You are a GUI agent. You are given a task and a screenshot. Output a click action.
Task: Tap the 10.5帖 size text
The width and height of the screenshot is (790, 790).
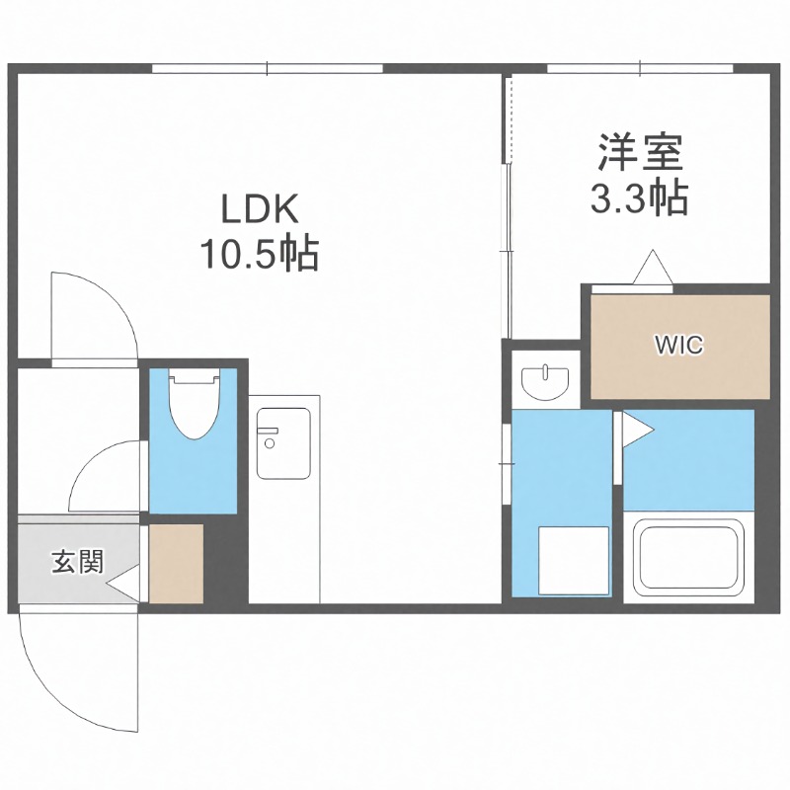click(259, 256)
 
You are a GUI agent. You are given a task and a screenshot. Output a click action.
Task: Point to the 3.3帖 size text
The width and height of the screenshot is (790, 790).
click(639, 200)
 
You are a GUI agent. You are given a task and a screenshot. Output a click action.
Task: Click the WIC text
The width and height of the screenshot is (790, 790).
click(678, 346)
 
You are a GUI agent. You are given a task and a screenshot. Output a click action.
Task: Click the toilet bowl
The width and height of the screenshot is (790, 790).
click(194, 407)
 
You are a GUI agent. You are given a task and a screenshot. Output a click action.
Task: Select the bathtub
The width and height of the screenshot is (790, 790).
click(687, 558)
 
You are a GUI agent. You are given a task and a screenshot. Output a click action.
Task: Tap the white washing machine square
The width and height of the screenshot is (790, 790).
click(573, 559)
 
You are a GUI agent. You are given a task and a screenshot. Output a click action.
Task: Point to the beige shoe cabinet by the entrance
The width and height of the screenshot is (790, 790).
click(176, 564)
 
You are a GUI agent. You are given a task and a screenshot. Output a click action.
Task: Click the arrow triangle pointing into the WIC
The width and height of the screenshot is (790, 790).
click(652, 268)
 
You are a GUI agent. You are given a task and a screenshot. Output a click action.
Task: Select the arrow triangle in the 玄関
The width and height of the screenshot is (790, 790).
click(122, 584)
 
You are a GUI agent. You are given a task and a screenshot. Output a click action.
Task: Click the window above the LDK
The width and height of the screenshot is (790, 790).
click(268, 69)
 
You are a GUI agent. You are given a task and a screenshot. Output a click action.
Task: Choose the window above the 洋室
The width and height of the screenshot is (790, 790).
click(640, 69)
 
